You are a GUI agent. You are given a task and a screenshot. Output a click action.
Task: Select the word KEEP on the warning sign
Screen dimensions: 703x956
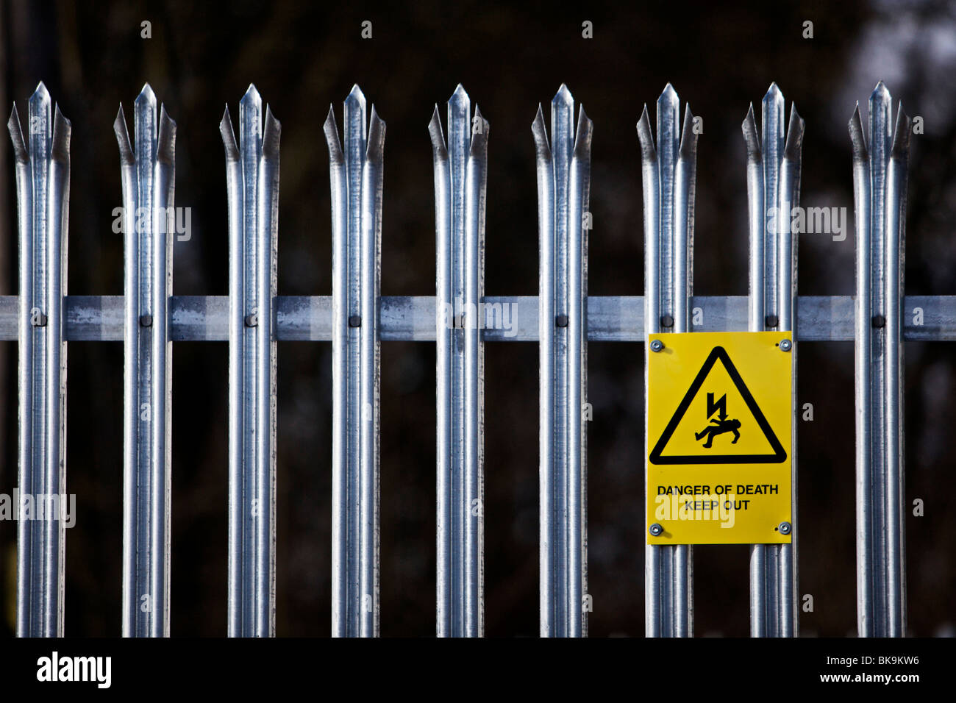(701, 505)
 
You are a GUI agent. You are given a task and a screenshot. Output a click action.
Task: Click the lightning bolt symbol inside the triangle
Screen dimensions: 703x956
(715, 407)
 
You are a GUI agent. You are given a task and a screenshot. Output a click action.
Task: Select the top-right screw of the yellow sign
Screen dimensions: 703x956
(785, 344)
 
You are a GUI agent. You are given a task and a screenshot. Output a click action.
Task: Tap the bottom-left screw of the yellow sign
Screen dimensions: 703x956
(655, 529)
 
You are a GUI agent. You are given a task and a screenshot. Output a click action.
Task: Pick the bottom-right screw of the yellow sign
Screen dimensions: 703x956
(785, 528)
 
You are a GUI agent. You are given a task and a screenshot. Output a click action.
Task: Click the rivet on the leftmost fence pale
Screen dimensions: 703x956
(38, 320)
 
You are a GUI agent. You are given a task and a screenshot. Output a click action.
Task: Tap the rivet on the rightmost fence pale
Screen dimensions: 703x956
(877, 321)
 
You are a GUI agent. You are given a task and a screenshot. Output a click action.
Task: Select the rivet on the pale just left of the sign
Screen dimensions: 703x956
(562, 321)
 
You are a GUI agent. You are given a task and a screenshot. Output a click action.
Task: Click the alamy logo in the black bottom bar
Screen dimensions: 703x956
(74, 670)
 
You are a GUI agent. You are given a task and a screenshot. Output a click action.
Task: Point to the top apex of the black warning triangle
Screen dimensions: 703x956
(718, 350)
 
